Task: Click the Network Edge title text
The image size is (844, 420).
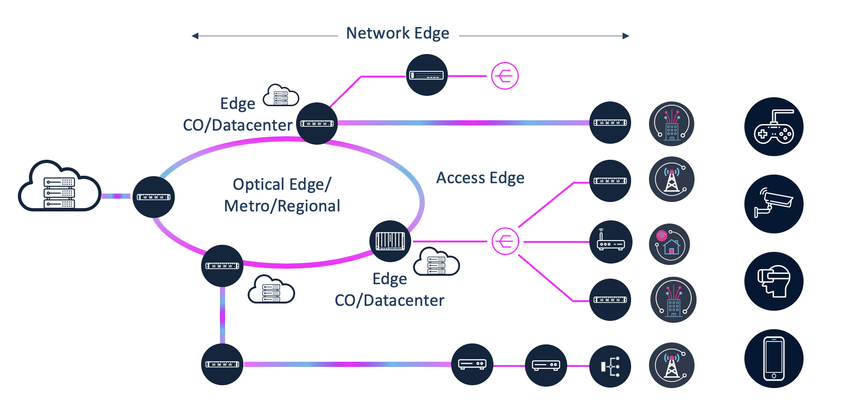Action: pos(398,33)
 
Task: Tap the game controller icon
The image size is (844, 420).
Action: pos(774,127)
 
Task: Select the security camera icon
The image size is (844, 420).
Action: pos(774,204)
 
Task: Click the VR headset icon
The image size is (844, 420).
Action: pos(774,281)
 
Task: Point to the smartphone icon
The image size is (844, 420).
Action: pos(774,358)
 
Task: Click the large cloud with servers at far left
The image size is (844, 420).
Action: pos(59,188)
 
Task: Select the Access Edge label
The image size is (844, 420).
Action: pos(480,178)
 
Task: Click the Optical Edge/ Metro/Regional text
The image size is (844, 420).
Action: pos(282,195)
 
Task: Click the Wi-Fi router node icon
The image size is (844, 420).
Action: pos(610,242)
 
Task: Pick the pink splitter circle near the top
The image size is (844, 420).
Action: pos(505,76)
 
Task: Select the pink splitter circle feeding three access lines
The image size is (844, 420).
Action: pos(505,241)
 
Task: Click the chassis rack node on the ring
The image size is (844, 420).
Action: pos(390,241)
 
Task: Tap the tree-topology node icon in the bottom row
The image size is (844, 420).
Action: pos(610,366)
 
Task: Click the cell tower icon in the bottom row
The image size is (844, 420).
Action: pos(672,365)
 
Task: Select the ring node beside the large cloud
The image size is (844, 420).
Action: pos(154,197)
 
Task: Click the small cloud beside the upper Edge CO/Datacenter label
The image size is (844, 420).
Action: pos(281,96)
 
